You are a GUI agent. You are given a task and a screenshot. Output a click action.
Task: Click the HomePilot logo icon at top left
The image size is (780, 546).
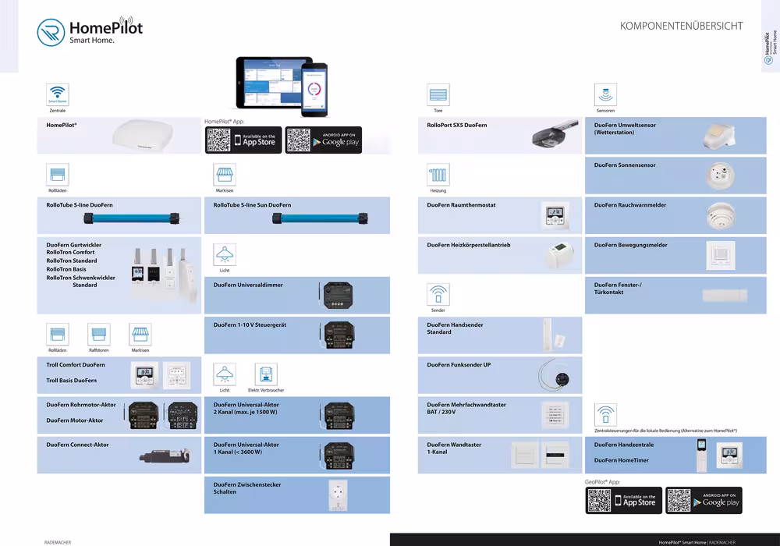coord(51,34)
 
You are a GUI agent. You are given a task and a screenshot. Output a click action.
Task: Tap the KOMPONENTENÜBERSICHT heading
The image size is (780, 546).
coord(681,26)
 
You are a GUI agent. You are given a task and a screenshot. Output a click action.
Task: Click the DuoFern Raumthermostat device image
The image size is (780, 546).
coord(555,215)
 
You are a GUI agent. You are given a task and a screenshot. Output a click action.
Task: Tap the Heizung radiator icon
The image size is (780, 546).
coord(438,175)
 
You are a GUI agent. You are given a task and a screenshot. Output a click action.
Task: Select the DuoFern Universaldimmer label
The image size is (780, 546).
coord(248,285)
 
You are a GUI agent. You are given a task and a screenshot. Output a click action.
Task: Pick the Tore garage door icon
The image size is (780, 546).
coord(438,94)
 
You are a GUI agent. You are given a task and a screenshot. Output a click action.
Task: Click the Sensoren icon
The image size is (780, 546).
coord(605,94)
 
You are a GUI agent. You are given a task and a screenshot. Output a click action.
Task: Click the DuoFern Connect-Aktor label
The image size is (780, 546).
coord(77,445)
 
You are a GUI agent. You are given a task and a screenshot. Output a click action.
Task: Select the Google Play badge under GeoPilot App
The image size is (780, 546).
coord(704,501)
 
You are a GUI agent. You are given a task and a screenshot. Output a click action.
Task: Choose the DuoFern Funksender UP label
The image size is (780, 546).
coord(459,364)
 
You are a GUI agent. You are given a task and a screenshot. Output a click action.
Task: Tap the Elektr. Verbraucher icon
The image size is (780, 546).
coord(265,374)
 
